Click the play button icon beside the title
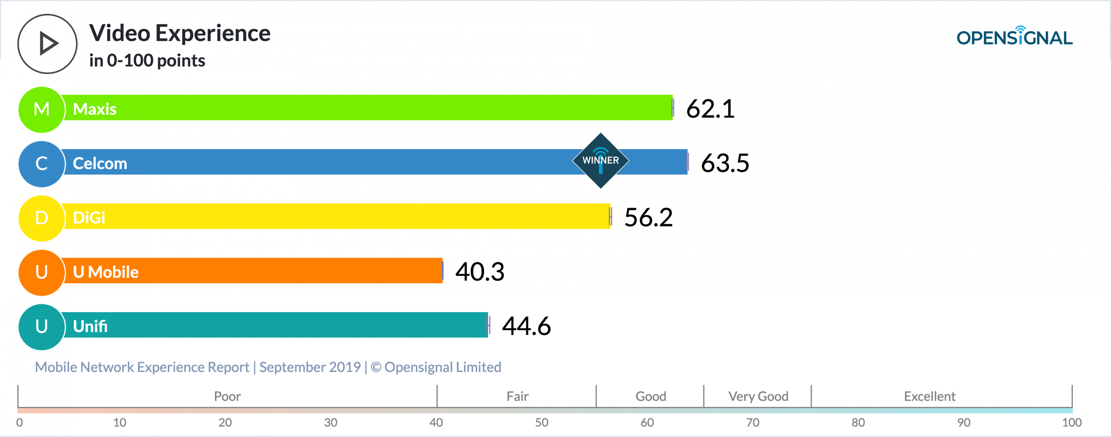point(47,44)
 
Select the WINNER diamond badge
point(600,160)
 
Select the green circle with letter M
point(42,110)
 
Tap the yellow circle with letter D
point(42,218)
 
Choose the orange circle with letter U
point(42,272)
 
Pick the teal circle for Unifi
point(42,327)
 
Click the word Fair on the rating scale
point(517,396)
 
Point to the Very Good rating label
point(758,396)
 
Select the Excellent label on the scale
point(930,396)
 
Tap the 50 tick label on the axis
point(542,422)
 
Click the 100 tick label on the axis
point(1072,422)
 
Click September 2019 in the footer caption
point(310,367)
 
